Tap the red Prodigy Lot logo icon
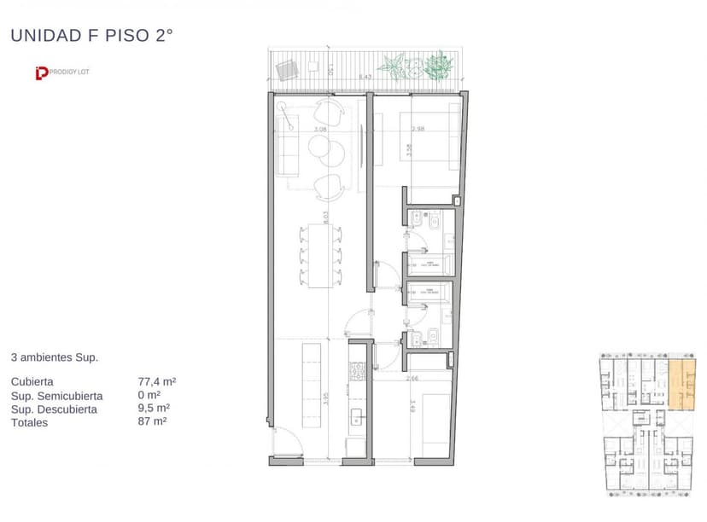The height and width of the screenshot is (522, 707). (x=39, y=73)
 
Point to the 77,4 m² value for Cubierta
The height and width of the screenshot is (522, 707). (x=157, y=382)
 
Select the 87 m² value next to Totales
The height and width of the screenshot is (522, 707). (x=152, y=421)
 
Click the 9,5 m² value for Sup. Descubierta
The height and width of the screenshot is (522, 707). (x=154, y=409)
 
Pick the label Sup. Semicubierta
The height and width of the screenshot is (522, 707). (x=57, y=396)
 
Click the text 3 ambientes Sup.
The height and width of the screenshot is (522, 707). (x=54, y=357)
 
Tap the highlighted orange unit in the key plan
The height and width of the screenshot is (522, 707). (x=681, y=385)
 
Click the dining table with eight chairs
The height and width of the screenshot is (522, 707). (x=321, y=255)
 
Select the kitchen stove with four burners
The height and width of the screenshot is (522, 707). (x=357, y=372)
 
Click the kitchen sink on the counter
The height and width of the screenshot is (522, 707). (x=357, y=417)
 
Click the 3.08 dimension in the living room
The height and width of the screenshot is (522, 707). (x=320, y=130)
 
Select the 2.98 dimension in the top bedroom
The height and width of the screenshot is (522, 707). (x=418, y=130)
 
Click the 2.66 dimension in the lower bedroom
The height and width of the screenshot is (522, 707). (x=412, y=378)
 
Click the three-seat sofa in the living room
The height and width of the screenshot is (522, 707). (x=285, y=147)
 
